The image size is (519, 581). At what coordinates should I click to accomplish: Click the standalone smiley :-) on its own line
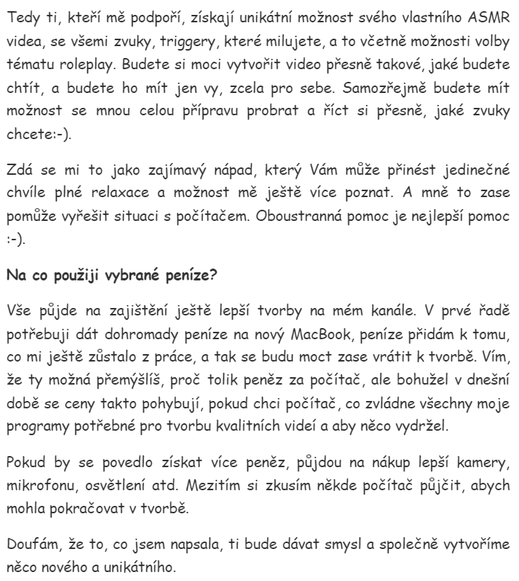click(x=14, y=222)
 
